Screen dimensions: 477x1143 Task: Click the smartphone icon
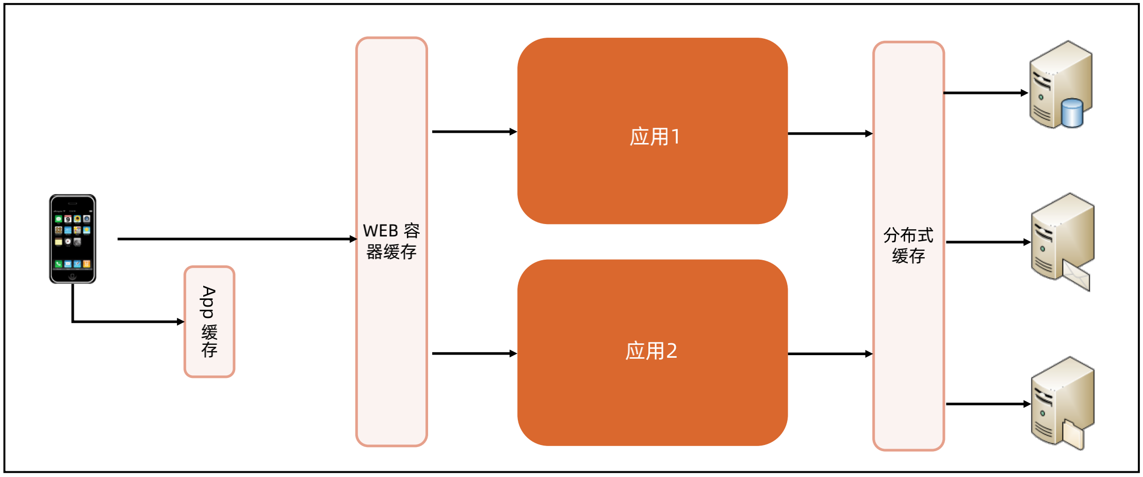coord(73,239)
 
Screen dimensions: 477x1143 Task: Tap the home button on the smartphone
coord(73,276)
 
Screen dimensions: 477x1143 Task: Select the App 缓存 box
coord(209,322)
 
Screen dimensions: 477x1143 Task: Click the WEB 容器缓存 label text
coord(391,241)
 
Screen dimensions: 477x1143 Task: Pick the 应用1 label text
coord(655,137)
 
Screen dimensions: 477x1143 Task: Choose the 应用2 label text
coord(651,351)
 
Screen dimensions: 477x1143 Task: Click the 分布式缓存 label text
coord(908,245)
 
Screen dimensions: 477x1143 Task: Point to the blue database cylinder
coord(1072,113)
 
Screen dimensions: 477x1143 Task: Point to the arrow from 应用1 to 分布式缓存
coord(830,134)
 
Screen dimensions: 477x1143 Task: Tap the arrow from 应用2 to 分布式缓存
coord(830,354)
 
